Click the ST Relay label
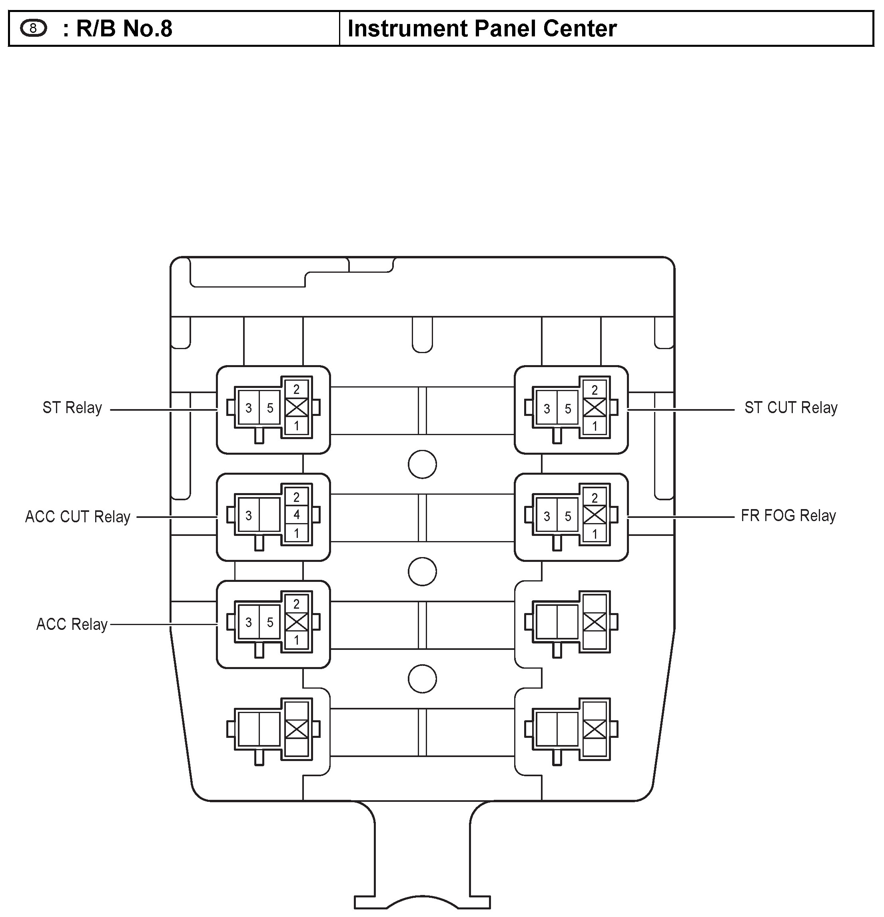point(72,408)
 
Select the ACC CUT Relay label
point(78,517)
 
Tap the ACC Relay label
point(72,624)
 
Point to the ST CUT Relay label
point(791,408)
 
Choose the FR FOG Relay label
point(788,515)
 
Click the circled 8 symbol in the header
point(34,28)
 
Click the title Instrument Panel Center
point(482,28)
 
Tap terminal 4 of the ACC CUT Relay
point(297,515)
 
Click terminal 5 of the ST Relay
point(270,408)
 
